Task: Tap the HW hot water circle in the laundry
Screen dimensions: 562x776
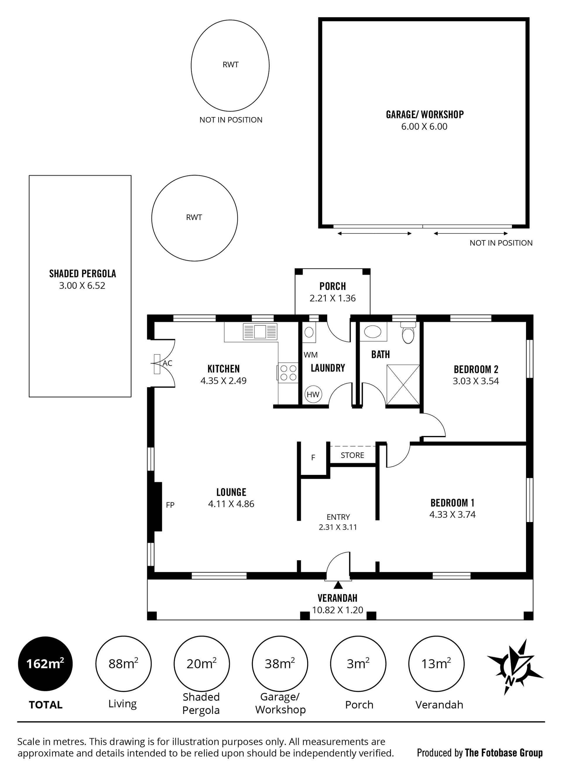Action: click(x=313, y=394)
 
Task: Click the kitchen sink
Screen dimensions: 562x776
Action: click(x=260, y=331)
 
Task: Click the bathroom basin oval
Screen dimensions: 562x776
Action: click(x=373, y=332)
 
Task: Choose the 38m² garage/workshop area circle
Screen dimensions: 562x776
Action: click(x=280, y=664)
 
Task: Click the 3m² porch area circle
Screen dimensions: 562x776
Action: click(x=358, y=664)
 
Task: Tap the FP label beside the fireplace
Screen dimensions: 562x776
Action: click(x=170, y=505)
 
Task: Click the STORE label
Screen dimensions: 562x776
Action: click(x=352, y=455)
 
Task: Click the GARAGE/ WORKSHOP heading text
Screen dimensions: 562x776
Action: click(x=425, y=114)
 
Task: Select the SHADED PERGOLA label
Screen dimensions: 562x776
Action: click(x=83, y=273)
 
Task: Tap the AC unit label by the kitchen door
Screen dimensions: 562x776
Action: click(x=167, y=363)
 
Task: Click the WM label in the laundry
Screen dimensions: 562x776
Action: click(x=311, y=355)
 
